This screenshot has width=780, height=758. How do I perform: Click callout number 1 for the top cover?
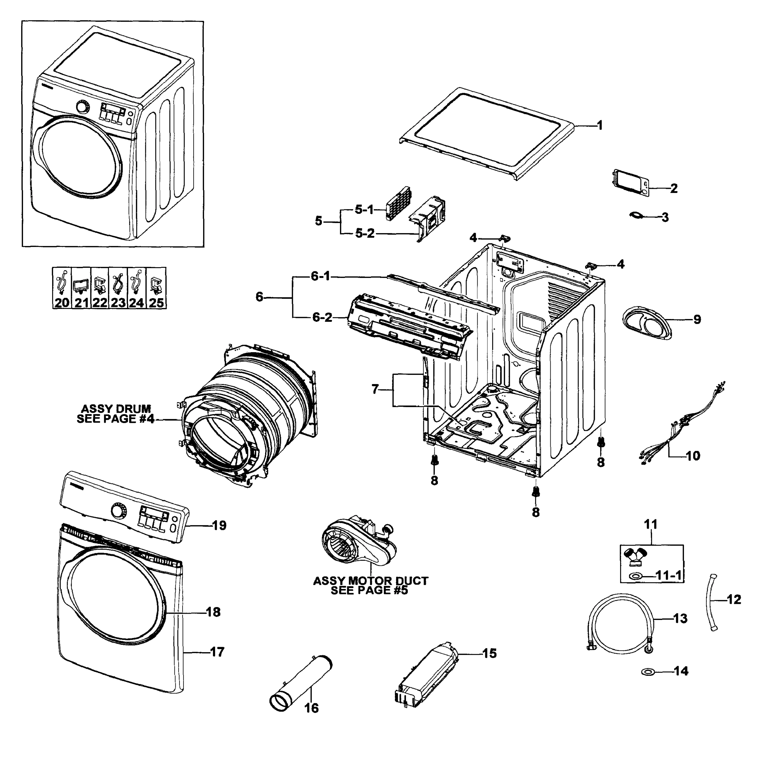(x=600, y=126)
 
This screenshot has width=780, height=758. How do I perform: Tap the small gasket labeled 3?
(x=637, y=215)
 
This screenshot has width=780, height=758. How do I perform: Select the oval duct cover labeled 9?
(x=647, y=322)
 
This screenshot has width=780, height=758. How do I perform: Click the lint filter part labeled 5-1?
(x=398, y=203)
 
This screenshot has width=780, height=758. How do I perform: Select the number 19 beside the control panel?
(x=219, y=526)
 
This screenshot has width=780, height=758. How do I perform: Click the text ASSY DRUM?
(x=116, y=409)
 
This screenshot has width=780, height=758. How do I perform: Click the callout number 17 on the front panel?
(x=217, y=652)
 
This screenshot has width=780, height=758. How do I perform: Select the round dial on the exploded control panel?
(x=118, y=511)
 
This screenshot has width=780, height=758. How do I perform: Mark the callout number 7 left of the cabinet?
(x=375, y=389)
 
